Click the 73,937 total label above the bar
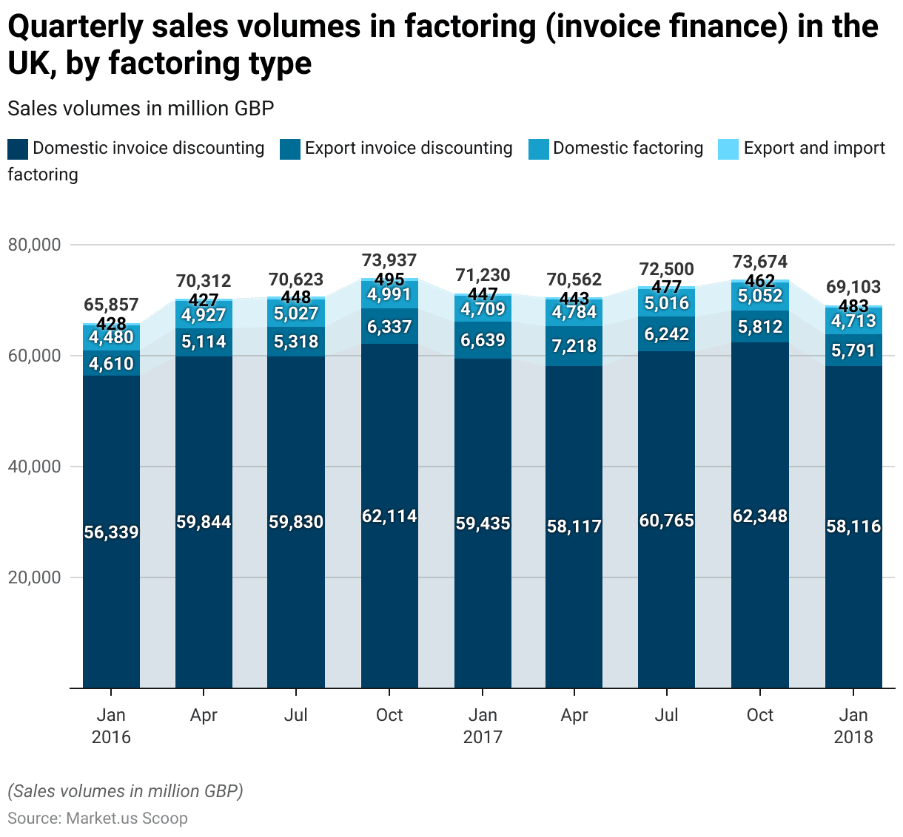pyautogui.click(x=389, y=260)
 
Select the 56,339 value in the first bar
pyautogui.click(x=111, y=532)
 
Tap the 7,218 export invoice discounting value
pyautogui.click(x=574, y=346)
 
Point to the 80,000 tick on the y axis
pyautogui.click(x=33, y=245)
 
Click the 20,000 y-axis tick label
pyautogui.click(x=33, y=577)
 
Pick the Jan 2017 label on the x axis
pyautogui.click(x=483, y=726)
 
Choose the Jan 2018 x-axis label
pyautogui.click(x=853, y=726)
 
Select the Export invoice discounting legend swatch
pyautogui.click(x=290, y=149)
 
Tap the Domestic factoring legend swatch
pyautogui.click(x=539, y=149)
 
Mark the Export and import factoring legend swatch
pyautogui.click(x=728, y=149)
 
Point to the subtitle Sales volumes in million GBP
pyautogui.click(x=141, y=109)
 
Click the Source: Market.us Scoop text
pyautogui.click(x=98, y=819)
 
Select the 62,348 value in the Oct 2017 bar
pyautogui.click(x=760, y=516)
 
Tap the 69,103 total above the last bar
pyautogui.click(x=853, y=287)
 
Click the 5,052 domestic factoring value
pyautogui.click(x=760, y=296)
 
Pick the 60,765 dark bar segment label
pyautogui.click(x=667, y=521)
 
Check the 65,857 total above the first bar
pyautogui.click(x=111, y=305)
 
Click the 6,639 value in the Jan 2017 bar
pyautogui.click(x=483, y=340)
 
